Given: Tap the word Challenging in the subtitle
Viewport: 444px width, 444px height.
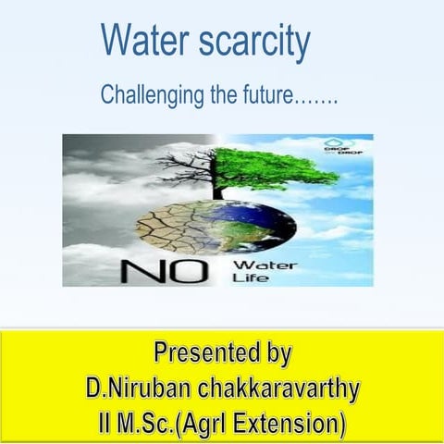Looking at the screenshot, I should (x=149, y=93).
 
